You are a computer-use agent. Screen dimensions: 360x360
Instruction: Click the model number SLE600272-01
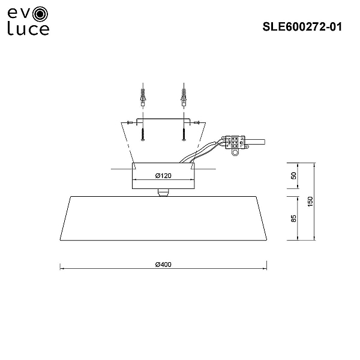[x=302, y=27]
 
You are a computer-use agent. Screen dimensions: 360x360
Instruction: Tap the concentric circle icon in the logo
[x=40, y=14]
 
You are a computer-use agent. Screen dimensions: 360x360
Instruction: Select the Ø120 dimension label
[x=163, y=176]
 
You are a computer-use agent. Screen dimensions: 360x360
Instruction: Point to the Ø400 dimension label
[x=163, y=265]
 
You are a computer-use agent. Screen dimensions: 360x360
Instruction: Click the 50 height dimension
[x=293, y=176]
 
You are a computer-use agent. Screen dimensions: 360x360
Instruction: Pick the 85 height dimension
[x=293, y=218]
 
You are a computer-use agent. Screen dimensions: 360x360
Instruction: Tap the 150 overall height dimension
[x=310, y=202]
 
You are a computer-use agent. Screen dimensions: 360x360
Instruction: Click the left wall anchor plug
[x=143, y=97]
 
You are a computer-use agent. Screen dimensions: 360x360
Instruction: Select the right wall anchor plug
[x=184, y=97]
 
